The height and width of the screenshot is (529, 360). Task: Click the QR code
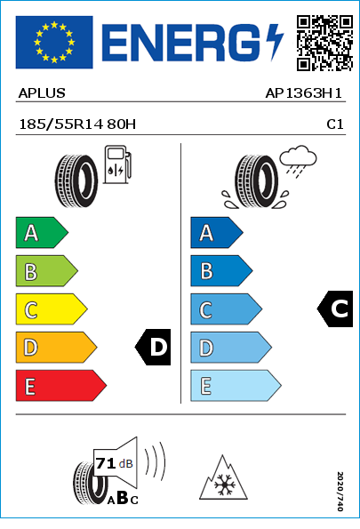pyautogui.click(x=324, y=43)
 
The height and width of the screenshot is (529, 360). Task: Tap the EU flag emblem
pyautogui.click(x=54, y=42)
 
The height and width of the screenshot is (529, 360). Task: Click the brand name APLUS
pyautogui.click(x=42, y=93)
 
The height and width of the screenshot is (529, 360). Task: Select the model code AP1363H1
pyautogui.click(x=304, y=93)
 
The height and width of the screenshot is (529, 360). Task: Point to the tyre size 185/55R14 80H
pyautogui.click(x=77, y=124)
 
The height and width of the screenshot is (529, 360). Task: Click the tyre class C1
pyautogui.click(x=335, y=124)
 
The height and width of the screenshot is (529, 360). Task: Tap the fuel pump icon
pyautogui.click(x=117, y=164)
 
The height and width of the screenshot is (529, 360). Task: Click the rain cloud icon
pyautogui.click(x=298, y=161)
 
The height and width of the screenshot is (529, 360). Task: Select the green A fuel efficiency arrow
pyautogui.click(x=42, y=232)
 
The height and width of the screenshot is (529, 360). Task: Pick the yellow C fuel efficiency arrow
pyautogui.click(x=52, y=309)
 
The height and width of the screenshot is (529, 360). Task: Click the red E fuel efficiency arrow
pyautogui.click(x=61, y=385)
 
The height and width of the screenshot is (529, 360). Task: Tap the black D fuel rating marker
pyautogui.click(x=153, y=347)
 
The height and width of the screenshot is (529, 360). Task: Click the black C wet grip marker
pyautogui.click(x=335, y=309)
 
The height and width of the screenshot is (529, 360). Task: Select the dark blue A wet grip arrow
pyautogui.click(x=217, y=232)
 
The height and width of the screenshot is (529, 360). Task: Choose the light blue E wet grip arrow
pyautogui.click(x=236, y=385)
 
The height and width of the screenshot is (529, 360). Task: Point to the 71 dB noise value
pyautogui.click(x=115, y=463)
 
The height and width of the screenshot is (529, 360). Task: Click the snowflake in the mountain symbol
pyautogui.click(x=223, y=485)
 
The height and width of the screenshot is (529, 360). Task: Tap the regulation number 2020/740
pyautogui.click(x=340, y=491)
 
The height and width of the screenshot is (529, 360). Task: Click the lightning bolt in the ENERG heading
pyautogui.click(x=275, y=42)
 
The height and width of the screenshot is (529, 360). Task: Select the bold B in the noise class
pyautogui.click(x=122, y=497)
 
